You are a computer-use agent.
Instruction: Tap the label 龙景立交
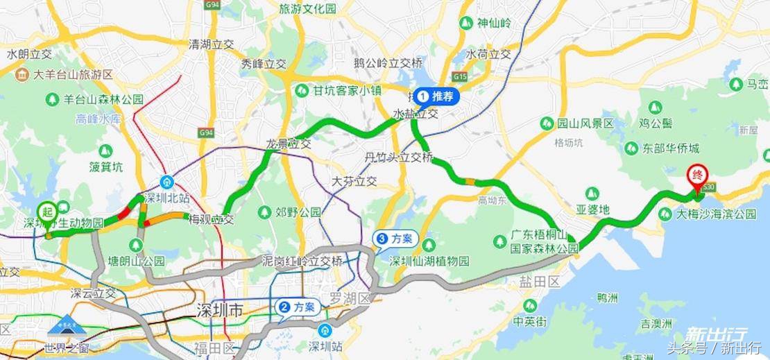point(288,144)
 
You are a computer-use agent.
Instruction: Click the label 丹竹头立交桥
point(399,157)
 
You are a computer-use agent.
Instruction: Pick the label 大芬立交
point(354,181)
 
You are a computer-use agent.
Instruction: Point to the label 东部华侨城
point(670,148)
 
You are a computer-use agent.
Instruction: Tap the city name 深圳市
point(220,310)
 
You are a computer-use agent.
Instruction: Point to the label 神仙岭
point(493,23)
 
